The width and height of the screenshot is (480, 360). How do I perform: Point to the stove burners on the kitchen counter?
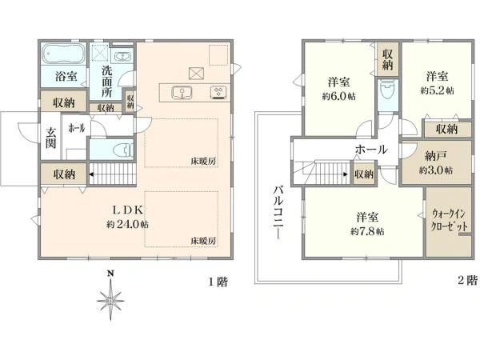[217, 91]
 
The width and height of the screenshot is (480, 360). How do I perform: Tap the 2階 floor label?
[467, 281]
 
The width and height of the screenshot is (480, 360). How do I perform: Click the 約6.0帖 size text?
[340, 94]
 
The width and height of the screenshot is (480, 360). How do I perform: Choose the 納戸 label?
[436, 157]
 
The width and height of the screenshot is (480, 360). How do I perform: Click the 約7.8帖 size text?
[366, 231]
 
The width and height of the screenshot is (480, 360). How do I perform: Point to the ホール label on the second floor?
[371, 150]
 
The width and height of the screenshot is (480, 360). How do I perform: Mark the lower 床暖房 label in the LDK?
[204, 240]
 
